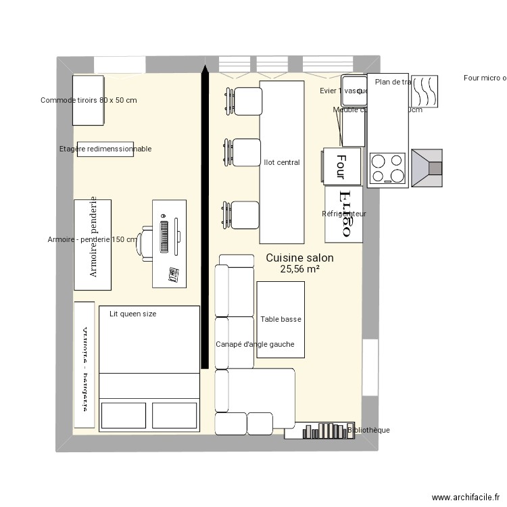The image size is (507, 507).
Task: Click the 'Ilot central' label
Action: pos(282,162)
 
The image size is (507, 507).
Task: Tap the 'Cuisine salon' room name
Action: pos(299,258)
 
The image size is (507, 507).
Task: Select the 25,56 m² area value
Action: pos(299,269)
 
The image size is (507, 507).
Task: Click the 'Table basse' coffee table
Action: pos(281,319)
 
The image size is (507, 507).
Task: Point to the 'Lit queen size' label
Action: pos(132,314)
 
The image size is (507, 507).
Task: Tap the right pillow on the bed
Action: pos(175,414)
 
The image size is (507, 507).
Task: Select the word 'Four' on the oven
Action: pos(341,166)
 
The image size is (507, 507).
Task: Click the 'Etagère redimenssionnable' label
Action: pos(105,149)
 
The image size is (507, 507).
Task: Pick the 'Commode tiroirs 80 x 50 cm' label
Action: pos(89,100)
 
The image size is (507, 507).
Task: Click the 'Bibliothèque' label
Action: pos(368,430)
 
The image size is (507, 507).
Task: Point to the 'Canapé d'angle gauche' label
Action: pos(255,344)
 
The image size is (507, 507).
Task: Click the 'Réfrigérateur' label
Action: pos(344,214)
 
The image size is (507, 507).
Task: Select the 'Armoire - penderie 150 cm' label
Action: pos(93,239)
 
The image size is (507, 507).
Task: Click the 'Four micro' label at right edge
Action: pos(485,78)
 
